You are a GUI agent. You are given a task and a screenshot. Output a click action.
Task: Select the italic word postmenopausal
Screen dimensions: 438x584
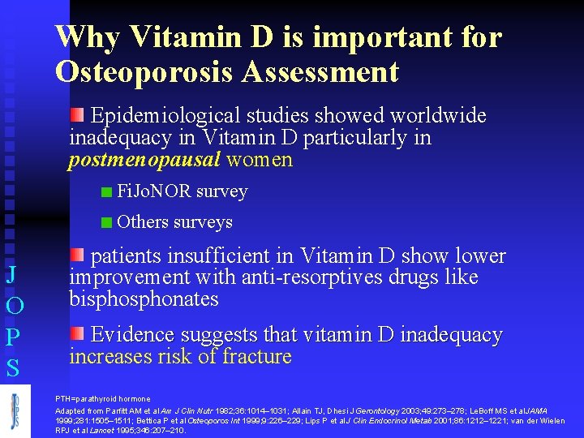[x=144, y=159]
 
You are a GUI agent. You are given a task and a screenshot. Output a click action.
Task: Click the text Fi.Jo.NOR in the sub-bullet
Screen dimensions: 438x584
[x=154, y=192]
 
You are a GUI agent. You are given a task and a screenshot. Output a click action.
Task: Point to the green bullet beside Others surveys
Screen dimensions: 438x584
[x=106, y=223]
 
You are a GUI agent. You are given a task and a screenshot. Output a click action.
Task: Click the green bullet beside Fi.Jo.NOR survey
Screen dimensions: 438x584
[x=106, y=193]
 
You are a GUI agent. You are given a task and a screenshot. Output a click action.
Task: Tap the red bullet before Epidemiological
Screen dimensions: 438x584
[x=76, y=113]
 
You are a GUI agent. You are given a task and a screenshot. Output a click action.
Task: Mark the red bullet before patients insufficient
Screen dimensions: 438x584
[x=76, y=255]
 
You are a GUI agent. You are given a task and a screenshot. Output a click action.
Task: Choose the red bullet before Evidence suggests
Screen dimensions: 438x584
[x=76, y=333]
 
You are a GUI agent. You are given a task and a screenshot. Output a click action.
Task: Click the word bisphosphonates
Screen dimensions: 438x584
[x=144, y=299]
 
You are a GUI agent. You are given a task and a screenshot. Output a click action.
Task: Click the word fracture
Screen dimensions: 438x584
[x=257, y=357]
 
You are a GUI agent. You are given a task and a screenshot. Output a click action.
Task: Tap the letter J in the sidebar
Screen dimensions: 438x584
[x=12, y=274]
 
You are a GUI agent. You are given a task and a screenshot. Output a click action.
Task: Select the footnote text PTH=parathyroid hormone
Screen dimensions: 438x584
[x=102, y=399]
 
